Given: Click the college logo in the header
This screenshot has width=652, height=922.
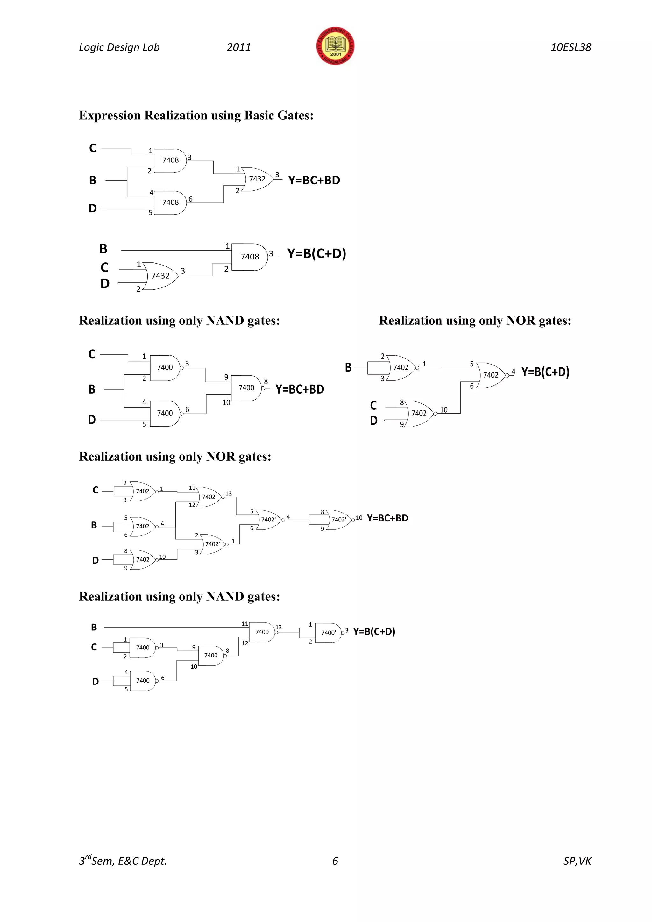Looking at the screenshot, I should coord(335,46).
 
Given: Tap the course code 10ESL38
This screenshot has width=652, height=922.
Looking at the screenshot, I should coord(570,47).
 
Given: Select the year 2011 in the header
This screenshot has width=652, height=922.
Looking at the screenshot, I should coord(238,47).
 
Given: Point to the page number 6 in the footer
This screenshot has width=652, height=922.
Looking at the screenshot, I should coord(335,861).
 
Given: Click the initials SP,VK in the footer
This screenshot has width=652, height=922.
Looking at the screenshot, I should coord(577,861).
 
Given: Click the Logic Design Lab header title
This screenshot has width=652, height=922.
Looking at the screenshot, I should coord(119,47).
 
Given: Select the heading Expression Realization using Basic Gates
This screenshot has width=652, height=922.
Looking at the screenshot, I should coord(196,115).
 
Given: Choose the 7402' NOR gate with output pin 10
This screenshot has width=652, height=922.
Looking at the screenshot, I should coord(338,520).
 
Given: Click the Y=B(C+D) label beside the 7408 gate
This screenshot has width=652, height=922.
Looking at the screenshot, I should coord(316,253).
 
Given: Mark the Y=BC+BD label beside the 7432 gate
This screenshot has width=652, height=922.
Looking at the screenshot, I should coord(314,180).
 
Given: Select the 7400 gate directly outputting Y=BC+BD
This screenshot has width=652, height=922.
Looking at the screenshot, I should coord(246,388).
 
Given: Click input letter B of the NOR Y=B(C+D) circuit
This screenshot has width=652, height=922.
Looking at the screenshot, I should coord(348,367).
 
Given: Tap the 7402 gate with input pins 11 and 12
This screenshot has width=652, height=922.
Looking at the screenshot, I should coord(209,497).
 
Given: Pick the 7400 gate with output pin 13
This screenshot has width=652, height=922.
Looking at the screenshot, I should coord(262,632).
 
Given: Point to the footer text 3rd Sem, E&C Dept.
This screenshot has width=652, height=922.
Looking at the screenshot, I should coord(123,861).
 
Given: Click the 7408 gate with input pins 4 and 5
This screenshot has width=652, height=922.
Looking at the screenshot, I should coord(171,202).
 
